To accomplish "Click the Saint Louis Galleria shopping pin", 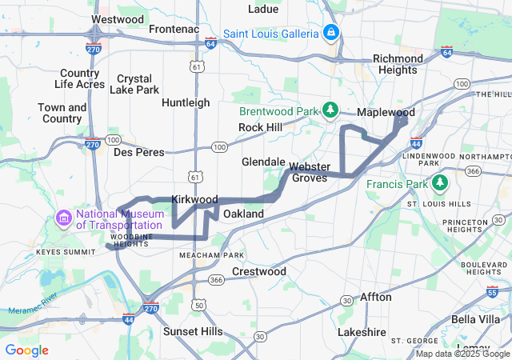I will [330, 33].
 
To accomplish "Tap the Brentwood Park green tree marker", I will [330, 110].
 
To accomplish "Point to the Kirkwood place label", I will [194, 198].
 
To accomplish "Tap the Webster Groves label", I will [309, 172].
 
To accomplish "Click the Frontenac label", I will [173, 29].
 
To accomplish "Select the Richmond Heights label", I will [398, 64].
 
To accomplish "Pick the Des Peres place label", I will [138, 152].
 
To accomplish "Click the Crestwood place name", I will [258, 272].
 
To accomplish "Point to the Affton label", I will [375, 297].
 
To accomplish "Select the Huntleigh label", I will [186, 102].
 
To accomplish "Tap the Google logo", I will [26, 350].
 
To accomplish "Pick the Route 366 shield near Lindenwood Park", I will [473, 170].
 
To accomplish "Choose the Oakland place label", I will [243, 214].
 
